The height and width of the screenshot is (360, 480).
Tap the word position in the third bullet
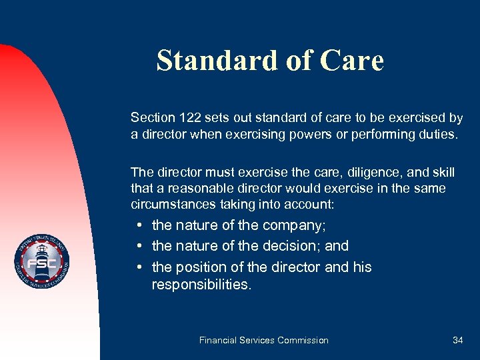pyautogui.click(x=201, y=267)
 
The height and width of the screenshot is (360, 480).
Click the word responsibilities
pyautogui.click(x=201, y=285)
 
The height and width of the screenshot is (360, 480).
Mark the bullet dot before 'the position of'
pyautogui.click(x=138, y=268)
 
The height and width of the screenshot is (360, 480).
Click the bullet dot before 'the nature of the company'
pyautogui.click(x=138, y=226)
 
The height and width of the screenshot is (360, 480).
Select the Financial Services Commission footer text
pyautogui.click(x=263, y=340)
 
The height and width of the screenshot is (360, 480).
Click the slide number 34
pyautogui.click(x=457, y=340)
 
